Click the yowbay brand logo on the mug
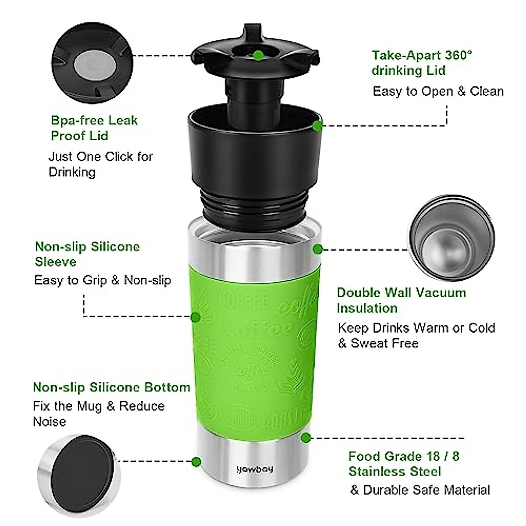[x=255, y=469]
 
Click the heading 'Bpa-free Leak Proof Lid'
[x=94, y=128]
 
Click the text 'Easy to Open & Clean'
[x=438, y=91]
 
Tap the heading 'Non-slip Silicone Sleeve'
[x=87, y=254]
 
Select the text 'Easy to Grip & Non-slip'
[x=103, y=280]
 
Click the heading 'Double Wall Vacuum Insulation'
[x=401, y=300]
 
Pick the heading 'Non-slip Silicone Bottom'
[x=111, y=387]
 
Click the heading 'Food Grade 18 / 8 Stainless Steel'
[x=404, y=464]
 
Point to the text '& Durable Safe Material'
[x=420, y=490]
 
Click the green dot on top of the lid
[x=259, y=56]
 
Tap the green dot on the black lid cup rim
[x=318, y=125]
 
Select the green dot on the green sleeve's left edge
[x=196, y=316]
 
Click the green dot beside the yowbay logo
[x=196, y=461]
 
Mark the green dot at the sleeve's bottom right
[x=306, y=437]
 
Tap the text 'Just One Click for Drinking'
[x=100, y=164]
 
